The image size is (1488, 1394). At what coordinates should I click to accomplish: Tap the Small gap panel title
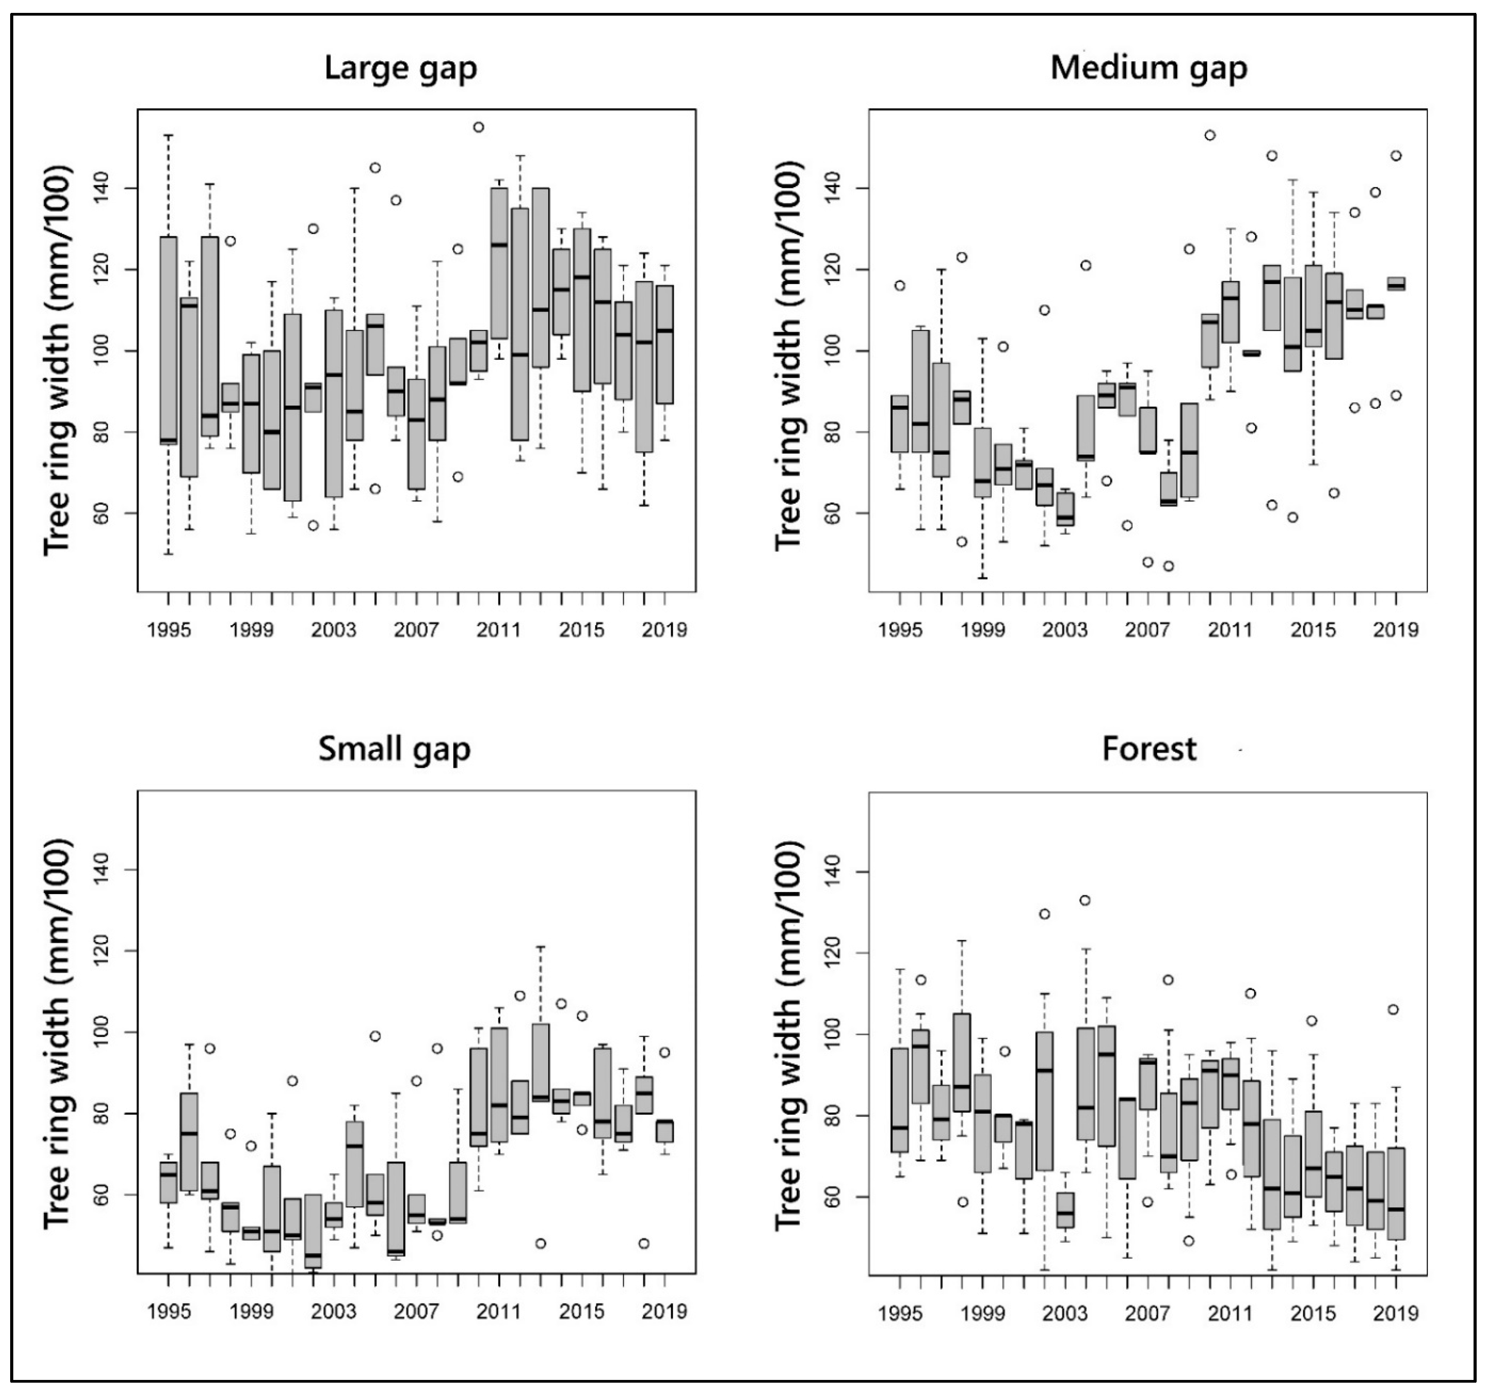394,749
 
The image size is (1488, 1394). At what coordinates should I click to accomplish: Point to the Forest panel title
1149,749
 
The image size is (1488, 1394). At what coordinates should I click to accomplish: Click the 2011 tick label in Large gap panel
499,630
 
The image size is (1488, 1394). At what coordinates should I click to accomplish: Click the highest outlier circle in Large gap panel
478,127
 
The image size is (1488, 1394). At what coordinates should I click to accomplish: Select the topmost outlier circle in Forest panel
1085,900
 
